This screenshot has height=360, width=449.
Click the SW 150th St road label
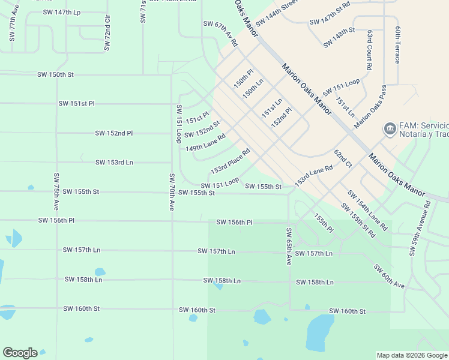55,75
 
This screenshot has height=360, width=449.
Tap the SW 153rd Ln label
114,163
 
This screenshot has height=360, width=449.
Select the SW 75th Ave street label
56,191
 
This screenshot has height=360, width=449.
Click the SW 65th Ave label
289,247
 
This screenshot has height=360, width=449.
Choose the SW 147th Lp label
62,12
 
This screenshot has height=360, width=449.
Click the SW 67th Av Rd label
221,34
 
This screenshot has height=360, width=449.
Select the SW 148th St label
339,37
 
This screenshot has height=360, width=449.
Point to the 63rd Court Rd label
370,49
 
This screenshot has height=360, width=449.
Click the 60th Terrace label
397,44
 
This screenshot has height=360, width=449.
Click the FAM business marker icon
390,129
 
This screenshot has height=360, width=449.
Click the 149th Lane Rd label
205,143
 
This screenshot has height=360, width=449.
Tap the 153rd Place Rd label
230,159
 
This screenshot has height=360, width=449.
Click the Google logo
20,353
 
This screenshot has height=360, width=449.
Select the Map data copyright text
411,355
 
